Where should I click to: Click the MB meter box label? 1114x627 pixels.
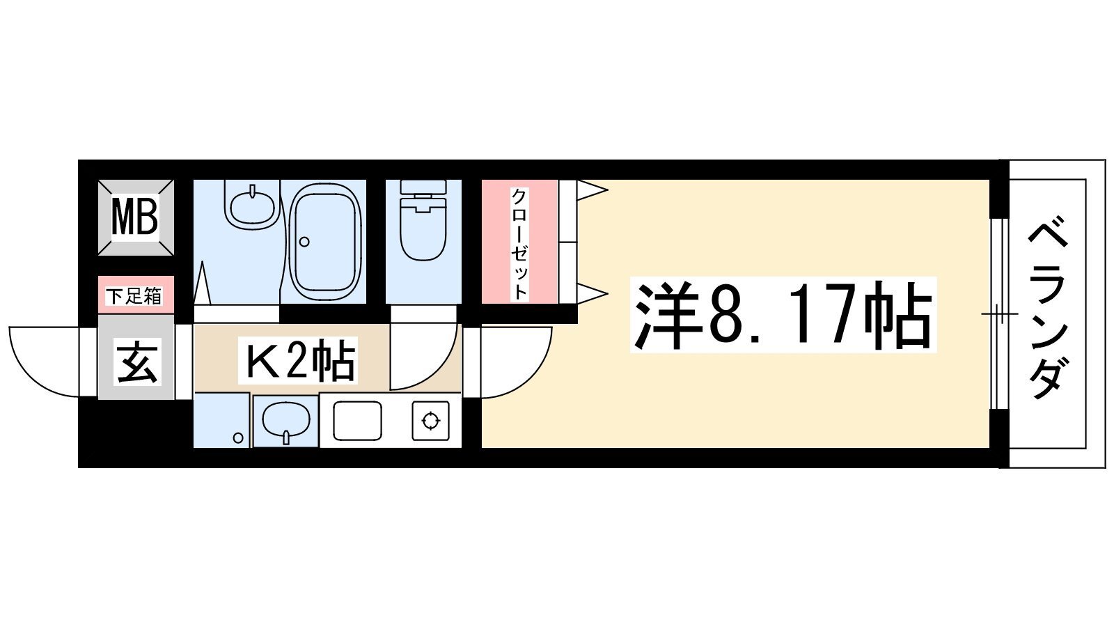(135, 217)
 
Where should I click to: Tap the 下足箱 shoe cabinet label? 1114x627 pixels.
(134, 297)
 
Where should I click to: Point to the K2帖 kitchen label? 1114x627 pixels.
(298, 359)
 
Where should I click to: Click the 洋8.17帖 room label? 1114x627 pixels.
(783, 315)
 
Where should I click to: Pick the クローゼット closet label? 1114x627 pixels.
(519, 245)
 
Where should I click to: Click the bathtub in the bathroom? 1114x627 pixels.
(325, 242)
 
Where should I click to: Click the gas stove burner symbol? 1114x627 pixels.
(431, 421)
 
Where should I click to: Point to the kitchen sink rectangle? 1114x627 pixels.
(358, 421)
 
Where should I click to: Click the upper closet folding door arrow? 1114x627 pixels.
(593, 189)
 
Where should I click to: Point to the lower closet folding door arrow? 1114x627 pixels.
(593, 293)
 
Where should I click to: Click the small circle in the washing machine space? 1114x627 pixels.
(238, 438)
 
